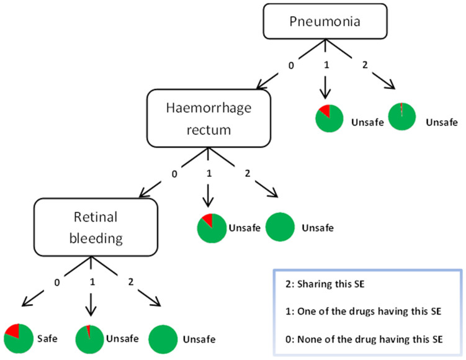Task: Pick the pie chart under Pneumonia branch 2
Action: (x=401, y=117)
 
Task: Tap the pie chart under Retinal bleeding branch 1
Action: (x=90, y=339)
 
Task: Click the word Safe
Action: (x=53, y=340)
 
